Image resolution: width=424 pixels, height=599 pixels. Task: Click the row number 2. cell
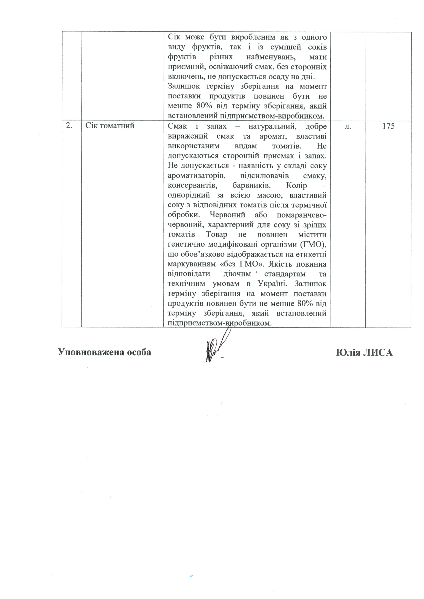(69, 126)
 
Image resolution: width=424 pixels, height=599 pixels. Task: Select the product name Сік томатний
(110, 126)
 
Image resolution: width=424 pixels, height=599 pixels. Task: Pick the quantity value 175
(388, 126)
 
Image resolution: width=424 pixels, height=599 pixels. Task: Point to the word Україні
(274, 284)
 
